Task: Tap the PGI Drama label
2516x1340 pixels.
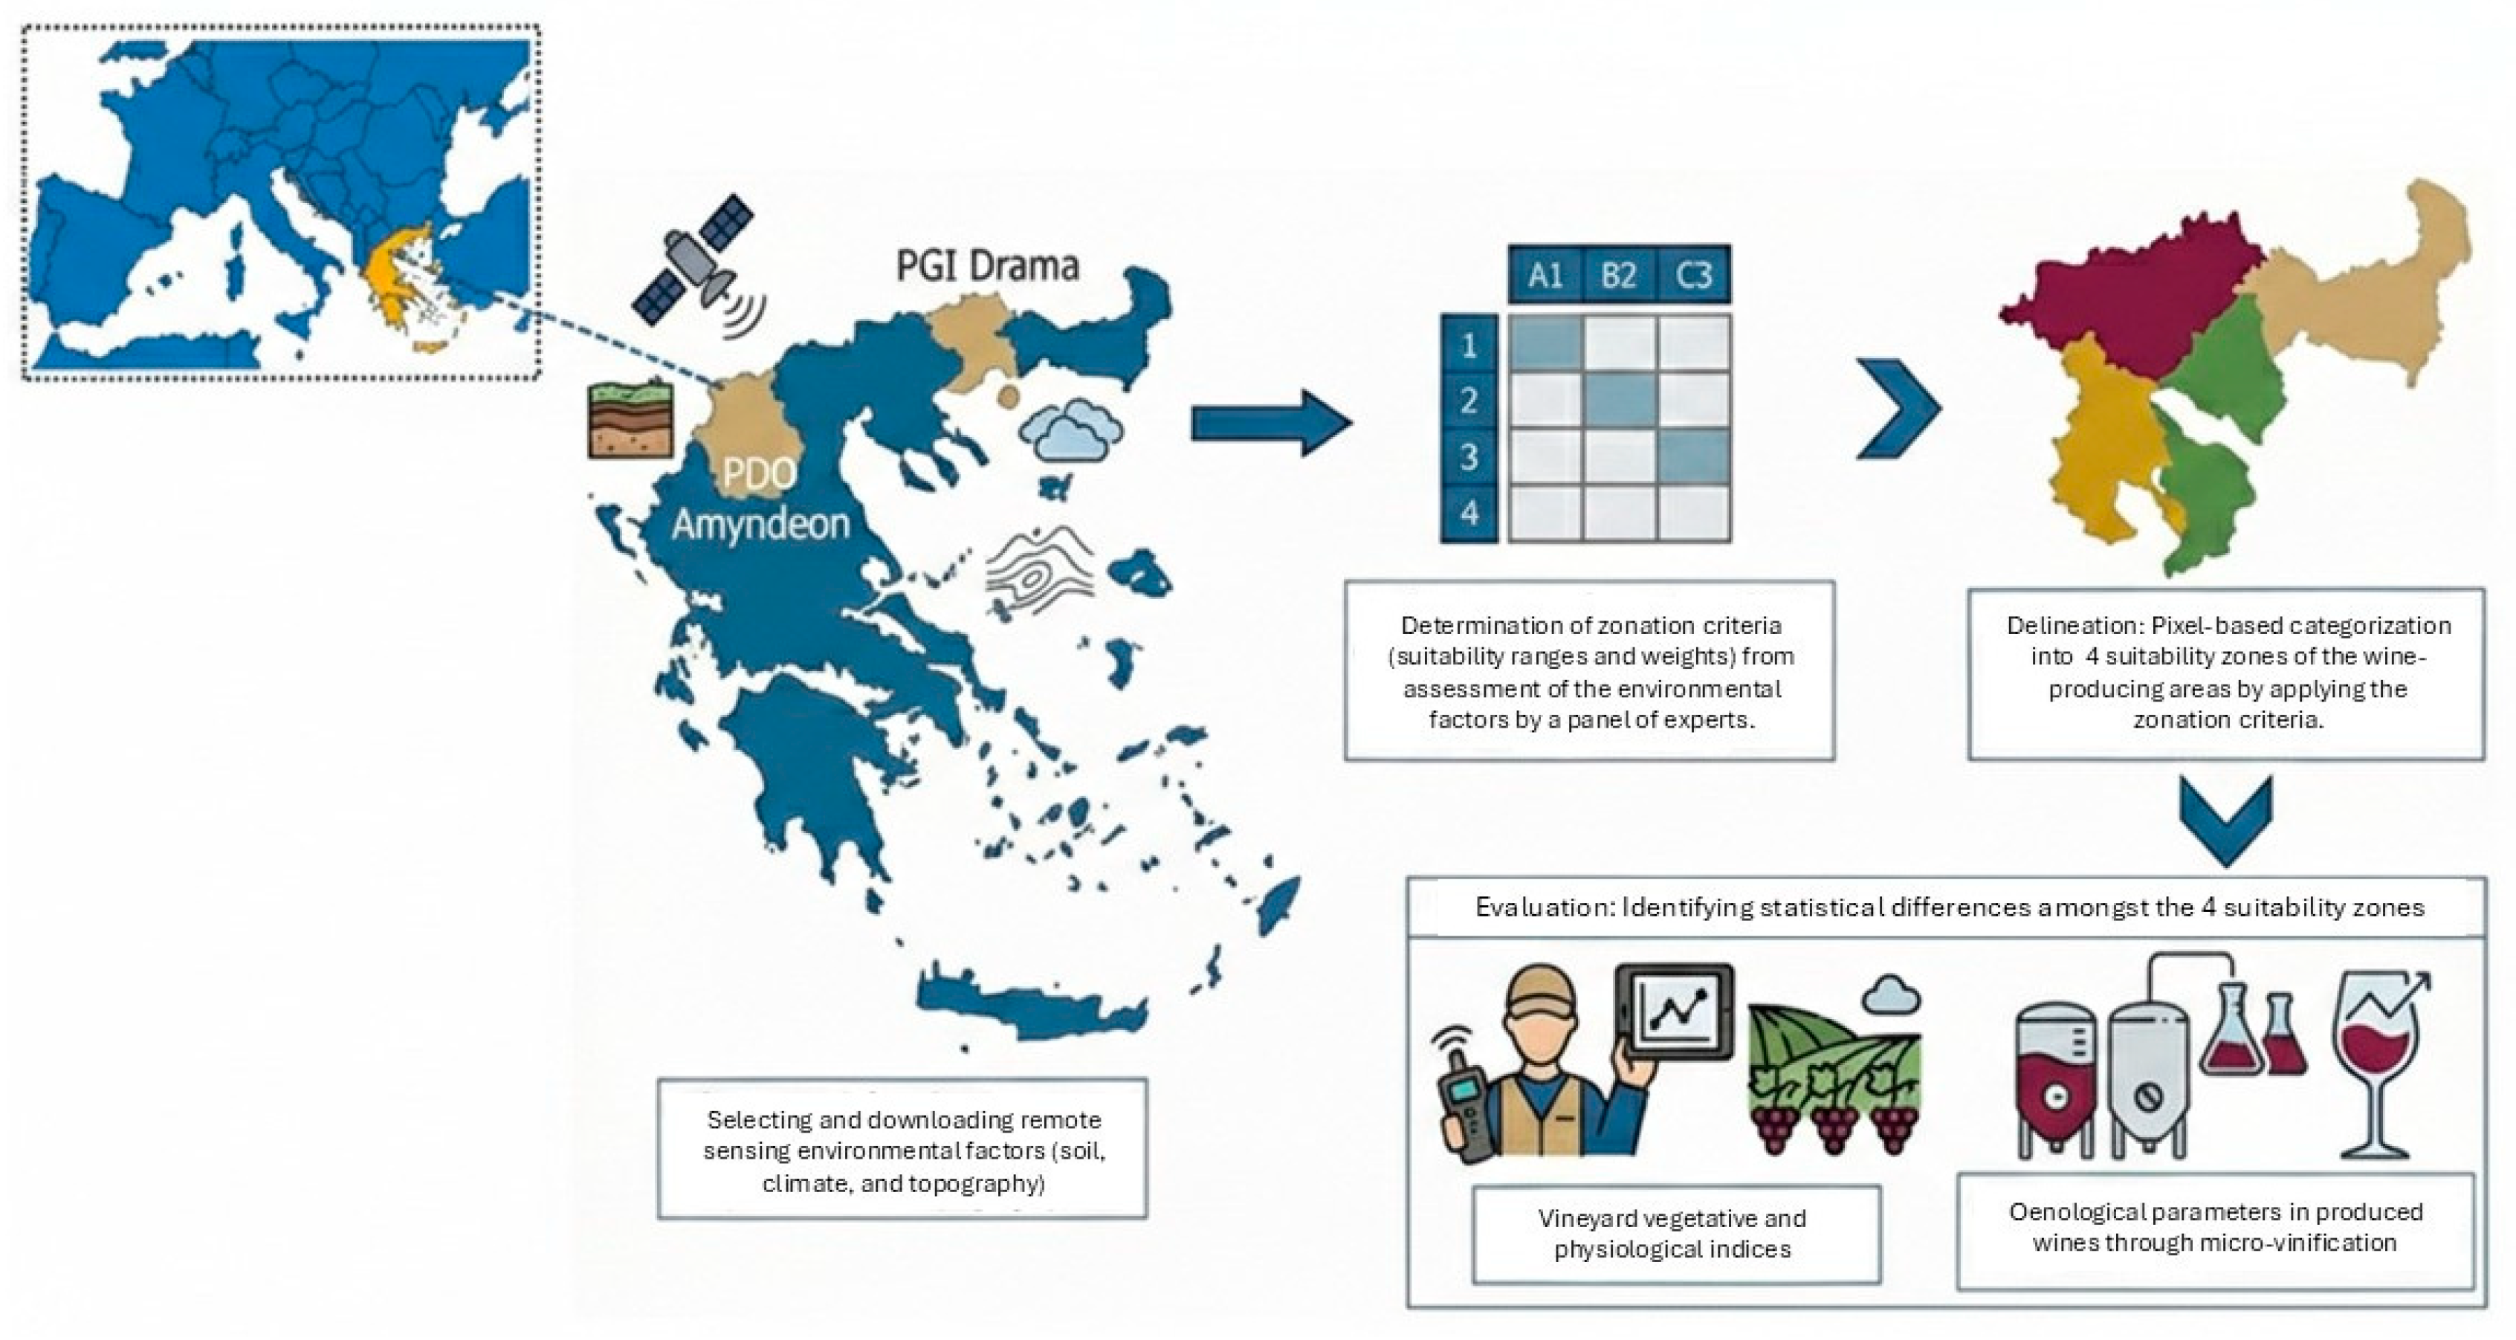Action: point(988,265)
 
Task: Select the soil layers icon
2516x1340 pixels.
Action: point(630,419)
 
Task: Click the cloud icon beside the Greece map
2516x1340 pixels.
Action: point(1070,430)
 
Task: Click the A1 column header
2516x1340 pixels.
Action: point(1545,276)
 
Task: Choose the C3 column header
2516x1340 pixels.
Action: point(1694,276)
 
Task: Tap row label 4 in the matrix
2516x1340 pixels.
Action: point(1469,513)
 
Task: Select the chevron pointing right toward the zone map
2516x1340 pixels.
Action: point(1898,408)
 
